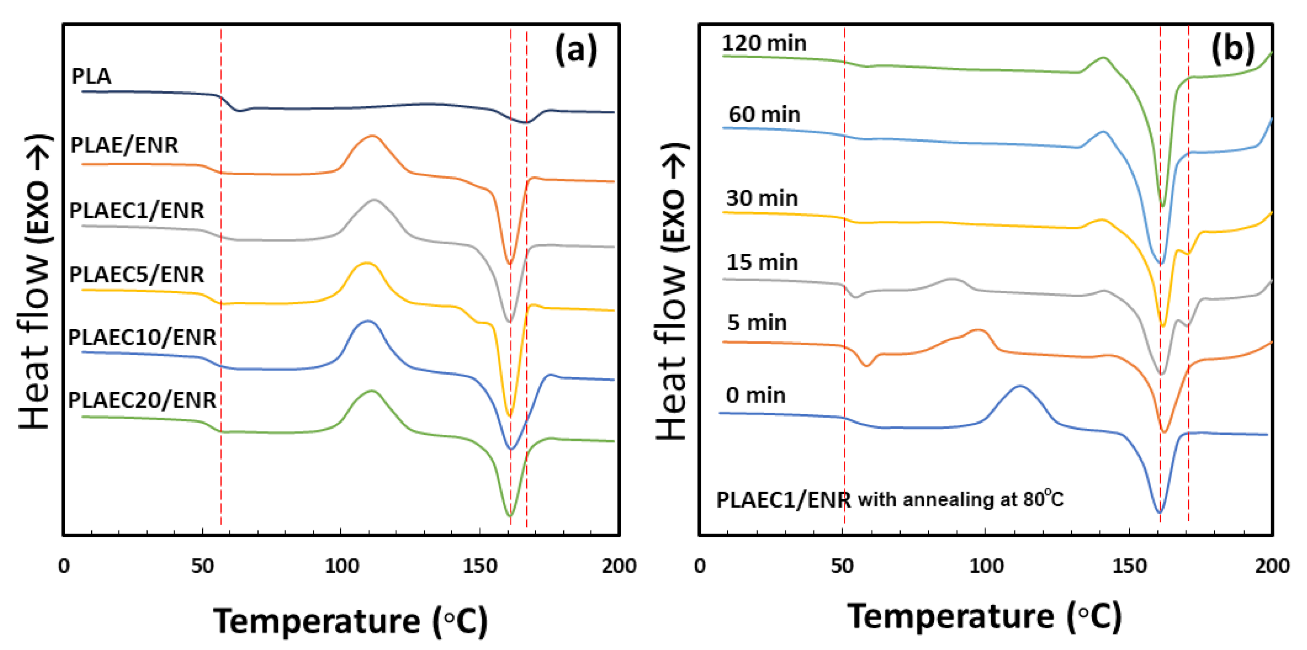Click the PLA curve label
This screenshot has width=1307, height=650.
(x=91, y=76)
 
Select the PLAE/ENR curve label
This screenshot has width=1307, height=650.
(x=124, y=145)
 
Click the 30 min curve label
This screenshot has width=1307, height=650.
(x=762, y=198)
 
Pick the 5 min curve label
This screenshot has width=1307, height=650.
(x=757, y=323)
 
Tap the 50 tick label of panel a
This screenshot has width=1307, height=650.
(x=202, y=566)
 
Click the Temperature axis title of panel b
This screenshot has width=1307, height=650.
(x=984, y=617)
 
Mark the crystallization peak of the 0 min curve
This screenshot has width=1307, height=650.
(x=1020, y=386)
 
